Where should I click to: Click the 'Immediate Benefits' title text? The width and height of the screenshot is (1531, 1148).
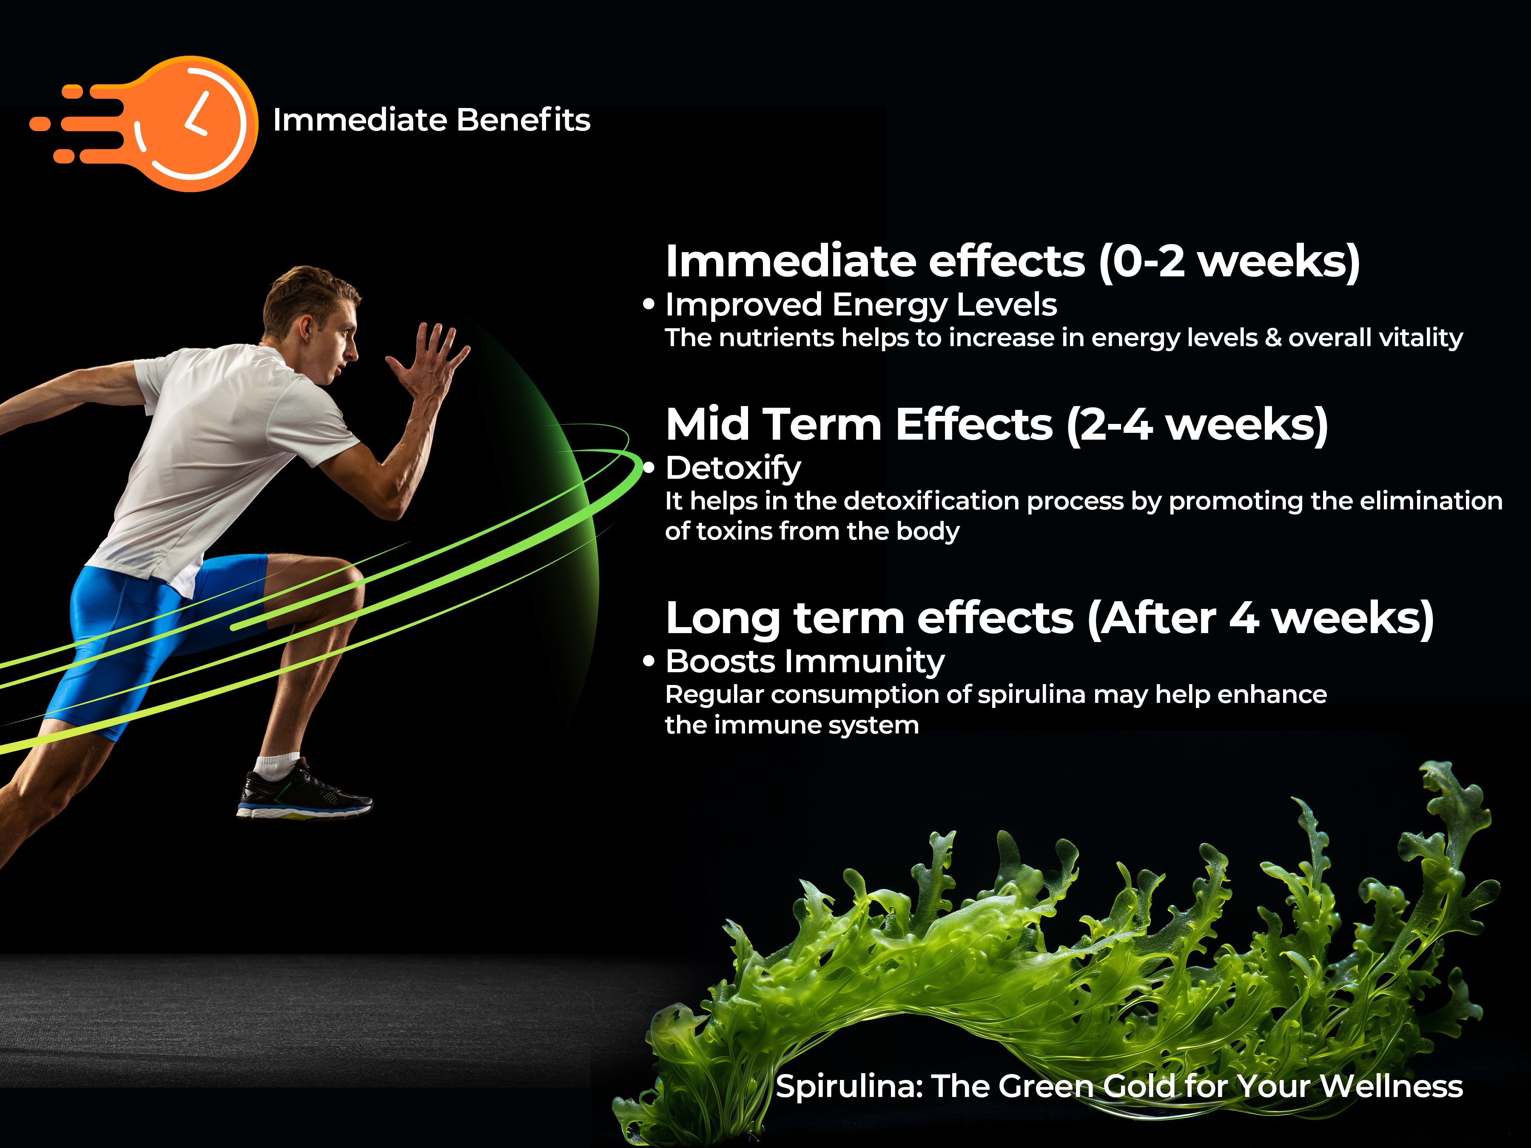(431, 120)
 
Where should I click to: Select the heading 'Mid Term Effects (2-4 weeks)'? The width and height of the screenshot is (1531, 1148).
(997, 425)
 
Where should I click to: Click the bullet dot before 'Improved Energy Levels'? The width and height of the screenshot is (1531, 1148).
(649, 304)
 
